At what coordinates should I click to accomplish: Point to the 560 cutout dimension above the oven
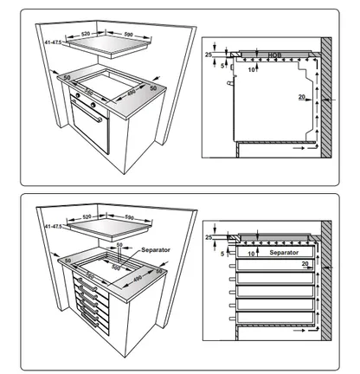[x=89, y=93]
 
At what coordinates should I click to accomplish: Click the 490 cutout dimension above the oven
[x=130, y=93]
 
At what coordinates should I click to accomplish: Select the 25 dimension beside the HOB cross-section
[x=209, y=54]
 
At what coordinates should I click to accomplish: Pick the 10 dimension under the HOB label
[x=251, y=67]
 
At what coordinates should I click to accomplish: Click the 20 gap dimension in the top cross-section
[x=302, y=97]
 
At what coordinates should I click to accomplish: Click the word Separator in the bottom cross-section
[x=282, y=252]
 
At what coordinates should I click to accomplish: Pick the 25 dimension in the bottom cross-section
[x=208, y=237]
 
